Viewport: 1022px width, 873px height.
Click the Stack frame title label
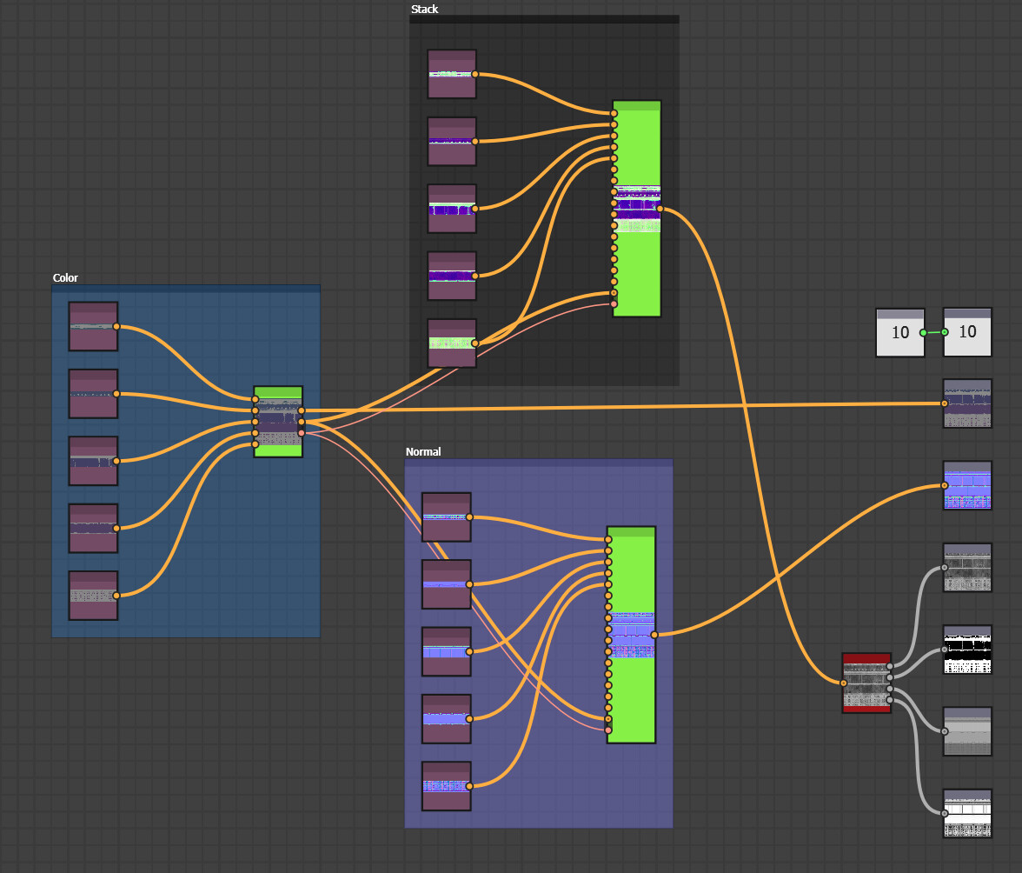coord(424,10)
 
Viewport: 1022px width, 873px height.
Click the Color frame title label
coord(65,278)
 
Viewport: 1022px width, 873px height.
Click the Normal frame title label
coord(423,452)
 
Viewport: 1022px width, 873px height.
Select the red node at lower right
coord(866,683)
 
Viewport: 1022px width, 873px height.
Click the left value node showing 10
coord(899,332)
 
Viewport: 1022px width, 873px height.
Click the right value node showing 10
coord(967,332)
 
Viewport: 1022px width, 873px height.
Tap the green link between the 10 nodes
coord(933,332)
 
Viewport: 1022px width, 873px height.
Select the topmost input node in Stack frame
coord(452,74)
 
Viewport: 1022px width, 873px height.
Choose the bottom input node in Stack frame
coord(452,343)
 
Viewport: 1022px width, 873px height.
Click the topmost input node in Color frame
coord(93,326)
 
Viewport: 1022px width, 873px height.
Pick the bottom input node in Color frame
coord(93,596)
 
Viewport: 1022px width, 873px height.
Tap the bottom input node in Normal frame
coord(446,786)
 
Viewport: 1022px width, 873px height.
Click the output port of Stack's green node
coord(660,209)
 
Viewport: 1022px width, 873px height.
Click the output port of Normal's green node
coord(654,635)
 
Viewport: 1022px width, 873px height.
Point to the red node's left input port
coord(843,683)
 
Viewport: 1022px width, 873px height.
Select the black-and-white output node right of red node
coord(967,650)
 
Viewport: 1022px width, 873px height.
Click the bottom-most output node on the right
coord(967,814)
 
